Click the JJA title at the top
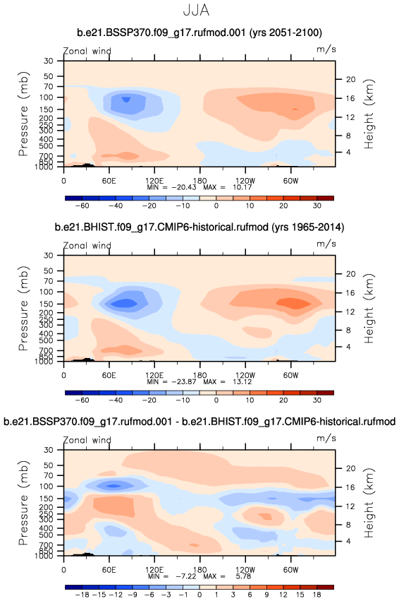(196, 10)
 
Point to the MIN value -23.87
(183, 382)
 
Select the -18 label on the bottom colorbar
(82, 595)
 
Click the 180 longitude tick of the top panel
(199, 181)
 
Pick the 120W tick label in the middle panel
(245, 375)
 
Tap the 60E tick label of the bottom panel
(109, 570)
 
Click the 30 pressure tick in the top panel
(48, 61)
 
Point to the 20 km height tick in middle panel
(350, 274)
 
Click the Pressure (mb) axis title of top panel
(23, 114)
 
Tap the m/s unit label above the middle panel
(326, 244)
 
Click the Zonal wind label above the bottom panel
(87, 440)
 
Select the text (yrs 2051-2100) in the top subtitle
(286, 32)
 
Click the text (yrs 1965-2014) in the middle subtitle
(307, 227)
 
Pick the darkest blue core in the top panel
(126, 100)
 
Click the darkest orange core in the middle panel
(294, 303)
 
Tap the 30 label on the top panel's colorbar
(317, 206)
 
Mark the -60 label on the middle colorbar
(82, 400)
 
